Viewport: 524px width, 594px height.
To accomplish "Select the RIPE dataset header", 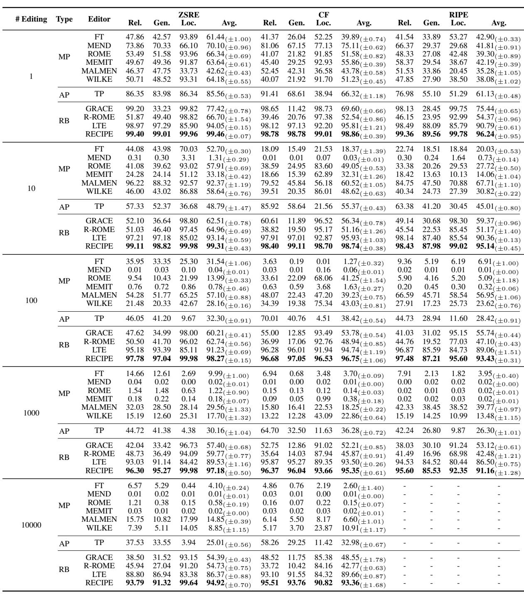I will click(458, 15).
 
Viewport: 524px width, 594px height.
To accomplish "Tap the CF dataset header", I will click(324, 15).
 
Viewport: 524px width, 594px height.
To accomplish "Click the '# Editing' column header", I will click(31, 19).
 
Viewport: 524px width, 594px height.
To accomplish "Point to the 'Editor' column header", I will click(99, 19).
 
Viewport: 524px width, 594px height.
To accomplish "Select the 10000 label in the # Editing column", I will click(31, 525).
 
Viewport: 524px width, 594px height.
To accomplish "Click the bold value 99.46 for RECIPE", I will click(216, 134).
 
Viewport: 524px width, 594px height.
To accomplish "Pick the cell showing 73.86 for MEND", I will click(135, 46).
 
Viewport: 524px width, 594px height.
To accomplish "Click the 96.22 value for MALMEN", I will click(135, 183).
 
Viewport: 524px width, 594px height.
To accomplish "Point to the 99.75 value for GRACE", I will click(458, 109).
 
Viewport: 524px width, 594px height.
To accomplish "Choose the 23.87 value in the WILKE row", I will click(324, 528).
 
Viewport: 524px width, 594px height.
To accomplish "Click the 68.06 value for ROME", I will click(324, 279).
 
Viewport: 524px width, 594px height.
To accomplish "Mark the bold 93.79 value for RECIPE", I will click(135, 582).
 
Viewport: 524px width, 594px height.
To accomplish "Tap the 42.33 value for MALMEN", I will click(405, 407).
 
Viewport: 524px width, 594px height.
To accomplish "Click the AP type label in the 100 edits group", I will click(64, 319).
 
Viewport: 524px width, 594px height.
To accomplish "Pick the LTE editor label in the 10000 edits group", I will click(99, 574).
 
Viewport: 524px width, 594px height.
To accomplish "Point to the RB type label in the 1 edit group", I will click(64, 121).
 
